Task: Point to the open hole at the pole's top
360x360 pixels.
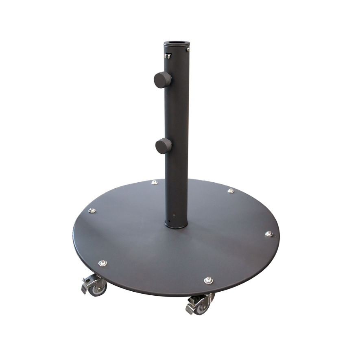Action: point(177,42)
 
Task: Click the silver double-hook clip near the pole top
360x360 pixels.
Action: point(167,56)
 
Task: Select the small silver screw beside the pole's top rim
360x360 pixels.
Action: point(188,49)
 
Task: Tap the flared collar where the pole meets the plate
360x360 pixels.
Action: point(176,224)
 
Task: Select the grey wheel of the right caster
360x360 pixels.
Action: point(203,308)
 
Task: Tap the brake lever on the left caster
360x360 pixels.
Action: point(86,284)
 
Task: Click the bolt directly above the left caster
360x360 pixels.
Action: point(103,263)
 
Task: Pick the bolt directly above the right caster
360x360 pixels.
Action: point(208,280)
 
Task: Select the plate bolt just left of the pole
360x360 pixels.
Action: point(154,182)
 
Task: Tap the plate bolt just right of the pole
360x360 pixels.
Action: point(231,190)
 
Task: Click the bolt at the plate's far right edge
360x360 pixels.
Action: point(269,234)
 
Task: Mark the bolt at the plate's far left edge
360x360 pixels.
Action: point(92,210)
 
